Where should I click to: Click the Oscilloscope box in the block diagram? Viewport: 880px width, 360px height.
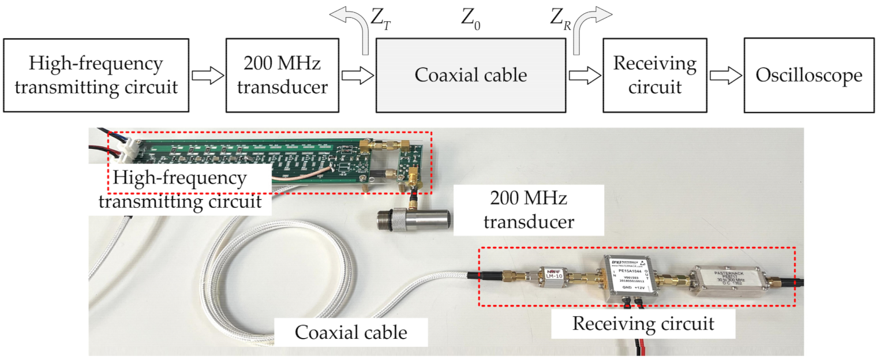click(809, 75)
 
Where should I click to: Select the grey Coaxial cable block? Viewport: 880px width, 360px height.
click(471, 75)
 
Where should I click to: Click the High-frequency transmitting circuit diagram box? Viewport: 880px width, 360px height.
click(96, 75)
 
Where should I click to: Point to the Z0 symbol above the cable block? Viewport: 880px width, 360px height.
click(470, 19)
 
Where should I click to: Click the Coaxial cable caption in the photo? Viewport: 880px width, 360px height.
click(351, 332)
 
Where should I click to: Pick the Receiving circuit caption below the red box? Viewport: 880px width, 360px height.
click(643, 324)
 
